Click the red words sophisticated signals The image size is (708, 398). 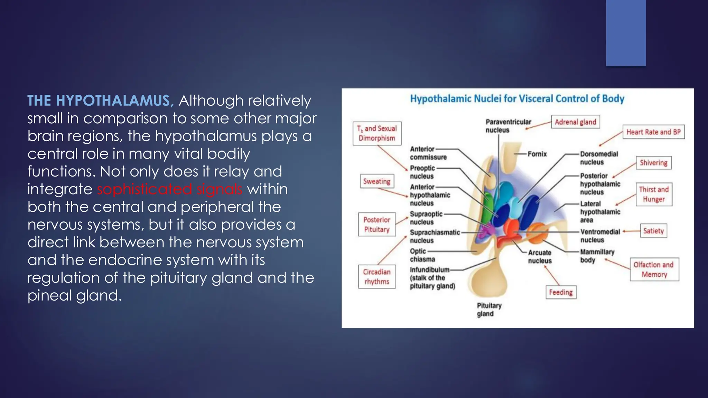(x=169, y=189)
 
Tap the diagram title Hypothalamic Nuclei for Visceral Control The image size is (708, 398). (x=517, y=99)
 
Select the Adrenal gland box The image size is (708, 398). (x=575, y=122)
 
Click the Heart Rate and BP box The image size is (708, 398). (x=653, y=132)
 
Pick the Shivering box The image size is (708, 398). (x=653, y=163)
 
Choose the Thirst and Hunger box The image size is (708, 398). (x=654, y=194)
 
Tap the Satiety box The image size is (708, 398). (x=653, y=231)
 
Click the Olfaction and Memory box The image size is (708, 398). (x=654, y=269)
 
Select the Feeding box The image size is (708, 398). (x=561, y=292)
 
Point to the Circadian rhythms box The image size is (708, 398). (x=377, y=277)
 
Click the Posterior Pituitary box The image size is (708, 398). (x=377, y=225)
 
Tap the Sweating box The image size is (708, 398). (x=377, y=181)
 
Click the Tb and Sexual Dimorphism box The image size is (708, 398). (x=377, y=133)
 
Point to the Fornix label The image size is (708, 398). (x=537, y=154)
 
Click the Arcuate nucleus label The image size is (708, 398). (x=540, y=257)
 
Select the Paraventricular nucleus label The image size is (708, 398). (x=508, y=126)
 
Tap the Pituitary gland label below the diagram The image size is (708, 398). (x=489, y=310)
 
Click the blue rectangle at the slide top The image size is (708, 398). (x=626, y=33)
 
